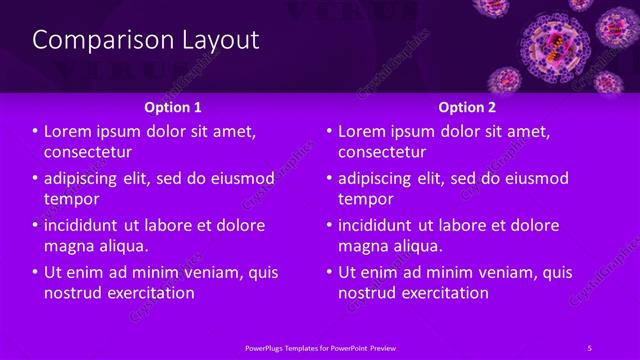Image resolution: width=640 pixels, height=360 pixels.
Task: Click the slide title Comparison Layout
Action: coord(146,40)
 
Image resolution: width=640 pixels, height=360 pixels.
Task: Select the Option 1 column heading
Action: coord(173,106)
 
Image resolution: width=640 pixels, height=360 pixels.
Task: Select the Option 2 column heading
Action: coord(467,106)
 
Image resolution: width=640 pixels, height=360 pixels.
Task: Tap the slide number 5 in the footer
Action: coord(590,347)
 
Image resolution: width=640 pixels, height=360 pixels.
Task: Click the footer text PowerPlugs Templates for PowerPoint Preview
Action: coord(320,347)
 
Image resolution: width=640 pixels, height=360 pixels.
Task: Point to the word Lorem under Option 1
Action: coord(70,131)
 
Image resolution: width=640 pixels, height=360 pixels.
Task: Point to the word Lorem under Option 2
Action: coord(364,131)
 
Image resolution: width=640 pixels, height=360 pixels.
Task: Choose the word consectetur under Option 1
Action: coord(88,152)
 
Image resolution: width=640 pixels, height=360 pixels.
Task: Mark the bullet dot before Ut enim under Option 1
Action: coord(35,272)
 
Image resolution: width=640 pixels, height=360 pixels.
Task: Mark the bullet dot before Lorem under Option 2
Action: coord(329,131)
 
